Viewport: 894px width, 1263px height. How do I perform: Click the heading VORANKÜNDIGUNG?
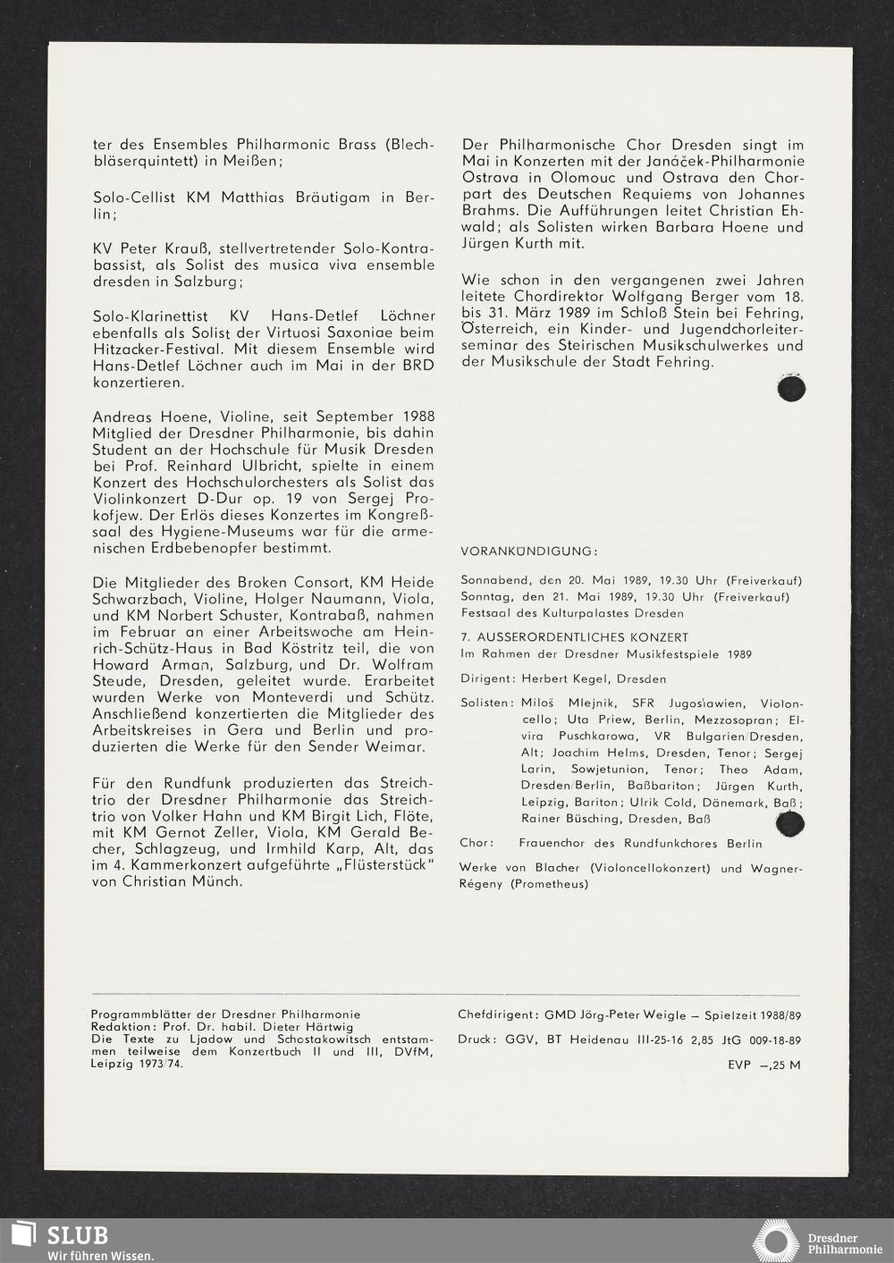[x=529, y=551]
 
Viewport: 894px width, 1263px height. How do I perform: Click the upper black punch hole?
[x=791, y=389]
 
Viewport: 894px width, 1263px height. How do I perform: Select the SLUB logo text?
[x=78, y=1235]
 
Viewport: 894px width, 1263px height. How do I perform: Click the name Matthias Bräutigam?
[x=295, y=198]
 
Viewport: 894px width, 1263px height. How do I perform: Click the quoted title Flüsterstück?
[x=369, y=865]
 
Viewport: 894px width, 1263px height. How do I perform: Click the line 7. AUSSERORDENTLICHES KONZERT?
[x=575, y=637]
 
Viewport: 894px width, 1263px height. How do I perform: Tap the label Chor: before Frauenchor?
[x=476, y=843]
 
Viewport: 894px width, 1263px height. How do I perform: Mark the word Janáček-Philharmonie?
[x=723, y=161]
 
